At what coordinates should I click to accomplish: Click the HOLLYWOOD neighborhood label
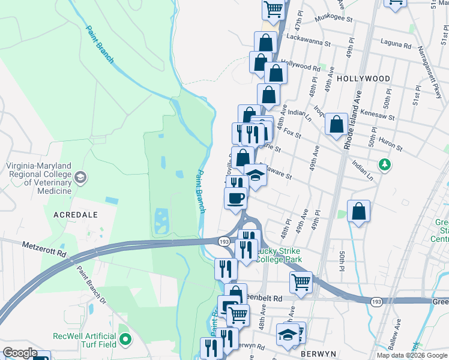point(363,79)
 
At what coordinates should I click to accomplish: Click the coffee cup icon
point(235,197)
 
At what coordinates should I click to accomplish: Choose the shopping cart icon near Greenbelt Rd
point(301,280)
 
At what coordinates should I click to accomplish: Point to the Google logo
point(20,353)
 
